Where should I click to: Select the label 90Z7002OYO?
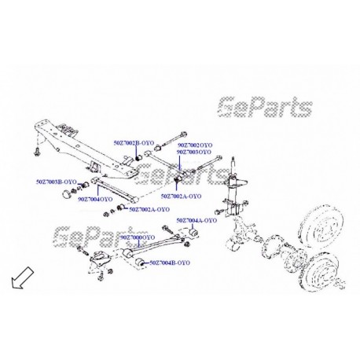tap(194, 146)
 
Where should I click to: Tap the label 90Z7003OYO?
tap(194, 152)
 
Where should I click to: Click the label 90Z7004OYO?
tap(94, 200)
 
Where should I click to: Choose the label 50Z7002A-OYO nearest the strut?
tap(182, 196)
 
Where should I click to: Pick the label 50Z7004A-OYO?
tap(196, 220)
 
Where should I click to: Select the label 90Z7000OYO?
tap(138, 236)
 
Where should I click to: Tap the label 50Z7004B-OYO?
tap(170, 262)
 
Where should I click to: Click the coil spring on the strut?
tap(233, 194)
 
